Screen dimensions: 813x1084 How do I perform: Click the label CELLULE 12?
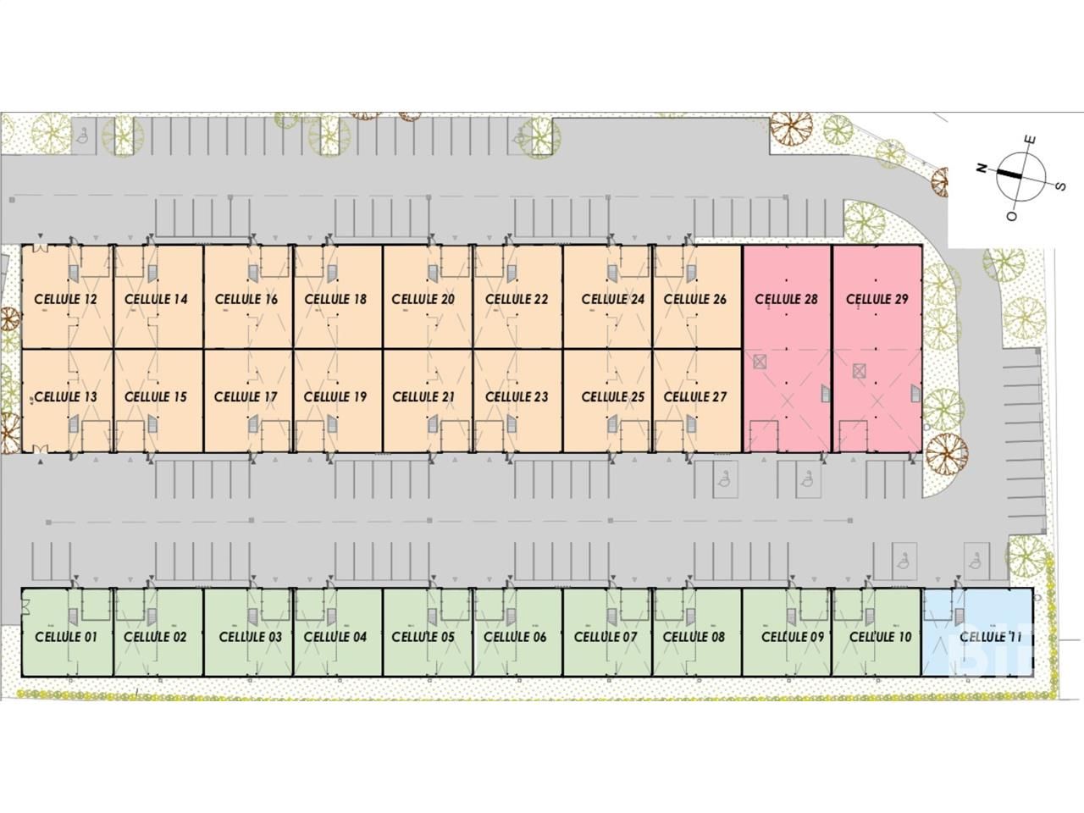pos(65,299)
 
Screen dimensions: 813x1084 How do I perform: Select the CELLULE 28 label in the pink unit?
pos(786,299)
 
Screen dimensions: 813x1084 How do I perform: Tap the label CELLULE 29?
pos(877,299)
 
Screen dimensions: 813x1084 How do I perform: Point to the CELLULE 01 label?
pos(65,637)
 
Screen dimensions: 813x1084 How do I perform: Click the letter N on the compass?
pos(982,169)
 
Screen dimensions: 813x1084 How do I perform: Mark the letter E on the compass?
pos(1031,140)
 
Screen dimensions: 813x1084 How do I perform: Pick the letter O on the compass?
pos(1011,217)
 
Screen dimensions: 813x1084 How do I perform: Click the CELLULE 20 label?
pos(423,299)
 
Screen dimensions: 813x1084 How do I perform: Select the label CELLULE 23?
pos(517,396)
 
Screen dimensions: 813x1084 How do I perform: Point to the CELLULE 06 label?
pos(515,637)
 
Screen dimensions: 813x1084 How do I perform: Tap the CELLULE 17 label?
pos(246,396)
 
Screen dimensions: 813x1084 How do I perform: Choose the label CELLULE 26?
pos(694,299)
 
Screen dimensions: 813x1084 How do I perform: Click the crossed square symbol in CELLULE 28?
pos(759,362)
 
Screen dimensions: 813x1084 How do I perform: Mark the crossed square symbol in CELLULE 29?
pos(859,369)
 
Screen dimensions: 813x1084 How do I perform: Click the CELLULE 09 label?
pos(793,637)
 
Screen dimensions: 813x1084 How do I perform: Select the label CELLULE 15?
pos(155,396)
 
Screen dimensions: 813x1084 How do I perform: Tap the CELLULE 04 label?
pos(335,637)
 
